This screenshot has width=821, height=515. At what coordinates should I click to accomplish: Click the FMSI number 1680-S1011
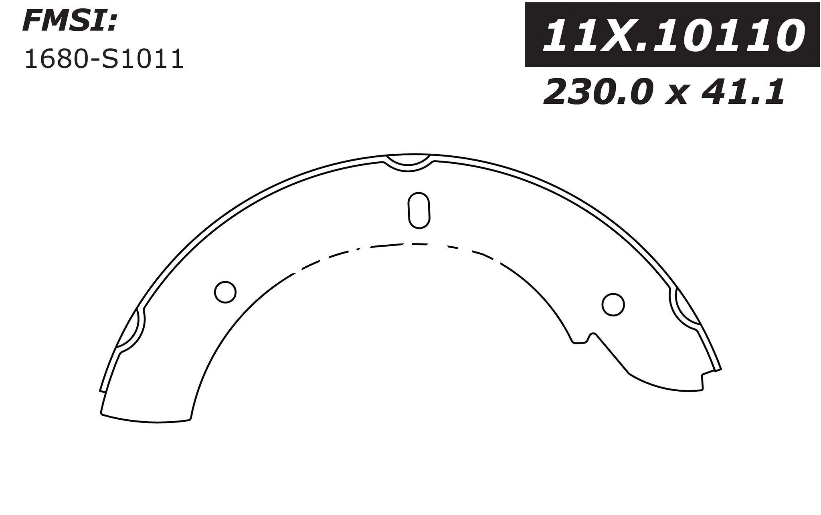point(104,60)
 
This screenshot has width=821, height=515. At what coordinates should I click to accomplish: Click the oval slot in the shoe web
point(419,210)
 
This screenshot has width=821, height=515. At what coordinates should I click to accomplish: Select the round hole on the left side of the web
point(225,292)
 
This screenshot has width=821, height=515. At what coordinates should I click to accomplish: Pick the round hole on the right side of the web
point(613,304)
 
